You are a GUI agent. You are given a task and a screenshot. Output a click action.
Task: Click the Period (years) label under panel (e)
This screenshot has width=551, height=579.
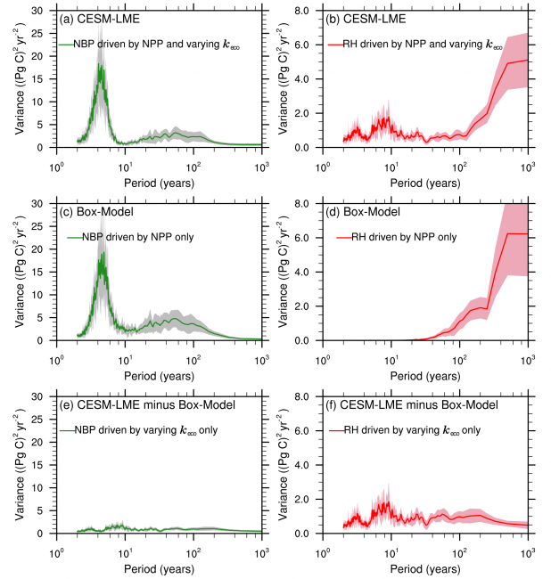pyautogui.click(x=159, y=566)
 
